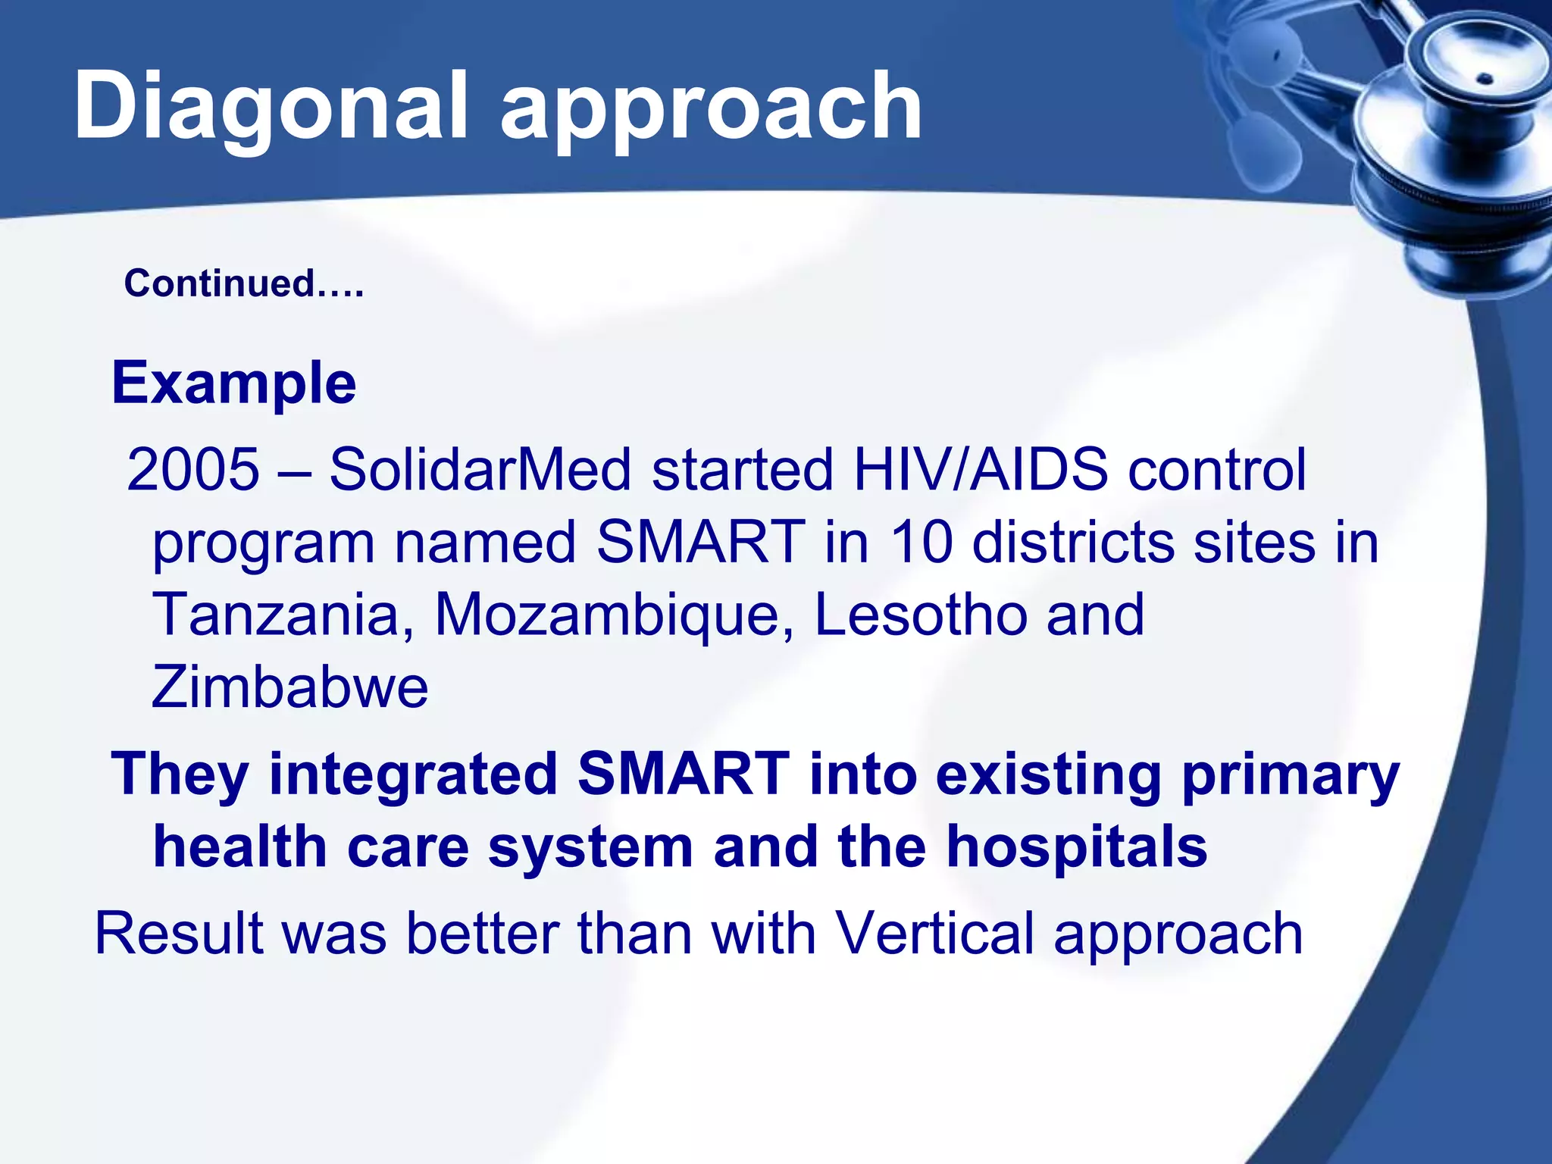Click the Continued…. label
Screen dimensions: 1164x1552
244,283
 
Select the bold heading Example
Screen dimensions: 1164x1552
233,384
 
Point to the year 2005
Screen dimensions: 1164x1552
192,470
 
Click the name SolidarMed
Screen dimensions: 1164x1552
480,470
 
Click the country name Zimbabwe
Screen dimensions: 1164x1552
289,687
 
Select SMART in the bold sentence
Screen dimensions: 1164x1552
683,774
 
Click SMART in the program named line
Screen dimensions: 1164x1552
700,543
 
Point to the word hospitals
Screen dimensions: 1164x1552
1076,847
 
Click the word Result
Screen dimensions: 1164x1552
179,934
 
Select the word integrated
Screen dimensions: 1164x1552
414,774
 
